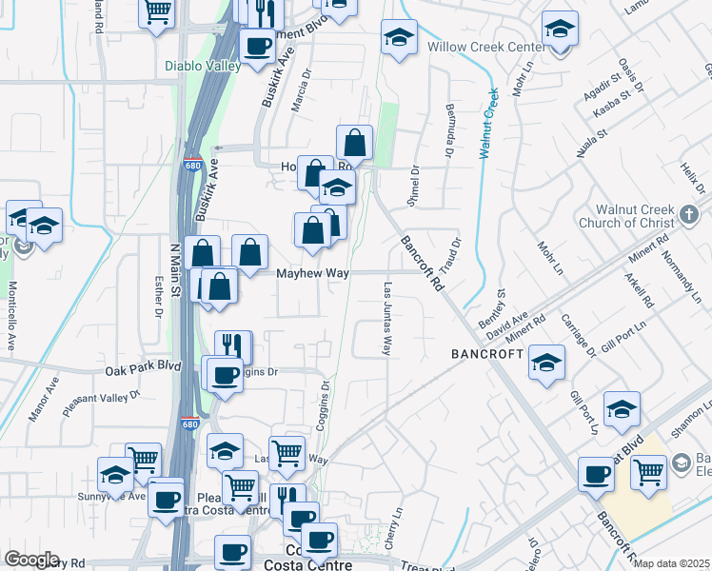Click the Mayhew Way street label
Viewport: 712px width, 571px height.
[x=312, y=273]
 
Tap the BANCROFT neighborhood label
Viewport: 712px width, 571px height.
[x=487, y=353]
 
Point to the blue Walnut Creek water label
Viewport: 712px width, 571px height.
[x=488, y=123]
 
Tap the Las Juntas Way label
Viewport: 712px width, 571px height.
[x=387, y=318]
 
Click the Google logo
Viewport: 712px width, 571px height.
[x=31, y=560]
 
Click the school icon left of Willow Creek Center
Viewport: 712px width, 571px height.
[x=399, y=39]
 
